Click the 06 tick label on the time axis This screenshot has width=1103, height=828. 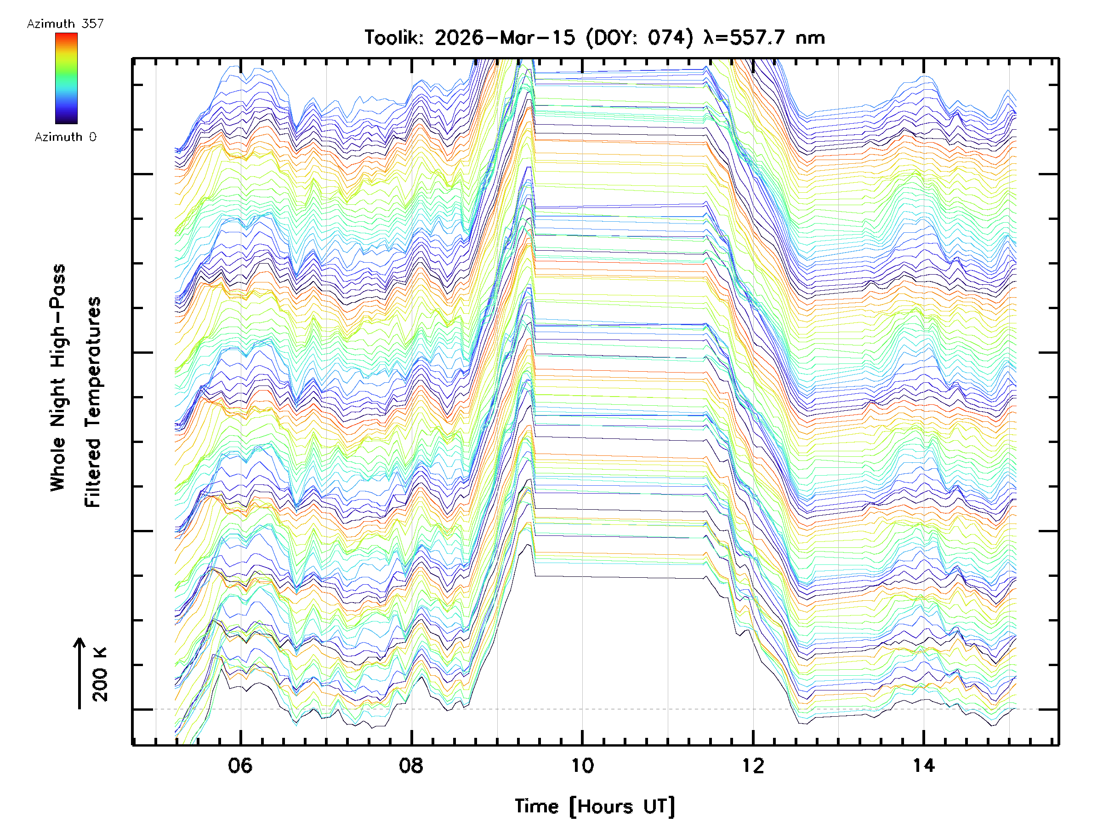point(240,765)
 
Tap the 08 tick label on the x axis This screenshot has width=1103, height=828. point(411,765)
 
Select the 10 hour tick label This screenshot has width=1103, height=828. point(582,765)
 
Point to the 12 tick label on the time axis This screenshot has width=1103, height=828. point(752,765)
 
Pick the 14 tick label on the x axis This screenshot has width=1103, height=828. point(923,765)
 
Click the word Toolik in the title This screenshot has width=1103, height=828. point(393,38)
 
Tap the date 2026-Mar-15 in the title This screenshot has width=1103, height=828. point(505,38)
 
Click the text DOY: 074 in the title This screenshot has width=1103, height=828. point(640,38)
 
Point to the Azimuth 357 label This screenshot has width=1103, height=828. point(65,24)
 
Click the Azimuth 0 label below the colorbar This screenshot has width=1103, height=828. point(65,137)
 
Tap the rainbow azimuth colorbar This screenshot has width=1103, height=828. point(66,78)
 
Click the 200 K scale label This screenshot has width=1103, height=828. point(100,674)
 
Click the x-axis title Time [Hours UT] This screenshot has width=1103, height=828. point(595,806)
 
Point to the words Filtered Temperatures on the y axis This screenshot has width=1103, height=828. point(93,402)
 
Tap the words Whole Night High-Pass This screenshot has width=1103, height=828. point(58,378)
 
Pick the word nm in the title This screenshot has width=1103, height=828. point(810,38)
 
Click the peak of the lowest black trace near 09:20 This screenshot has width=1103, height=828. point(528,545)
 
